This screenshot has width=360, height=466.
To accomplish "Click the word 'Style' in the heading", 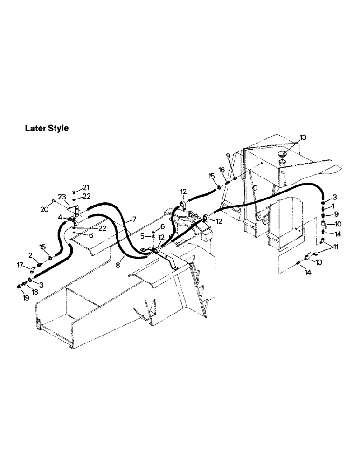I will pyautogui.click(x=58, y=128).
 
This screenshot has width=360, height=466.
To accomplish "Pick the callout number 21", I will pyautogui.click(x=85, y=187).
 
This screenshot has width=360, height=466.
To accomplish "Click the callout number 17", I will pyautogui.click(x=20, y=266).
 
